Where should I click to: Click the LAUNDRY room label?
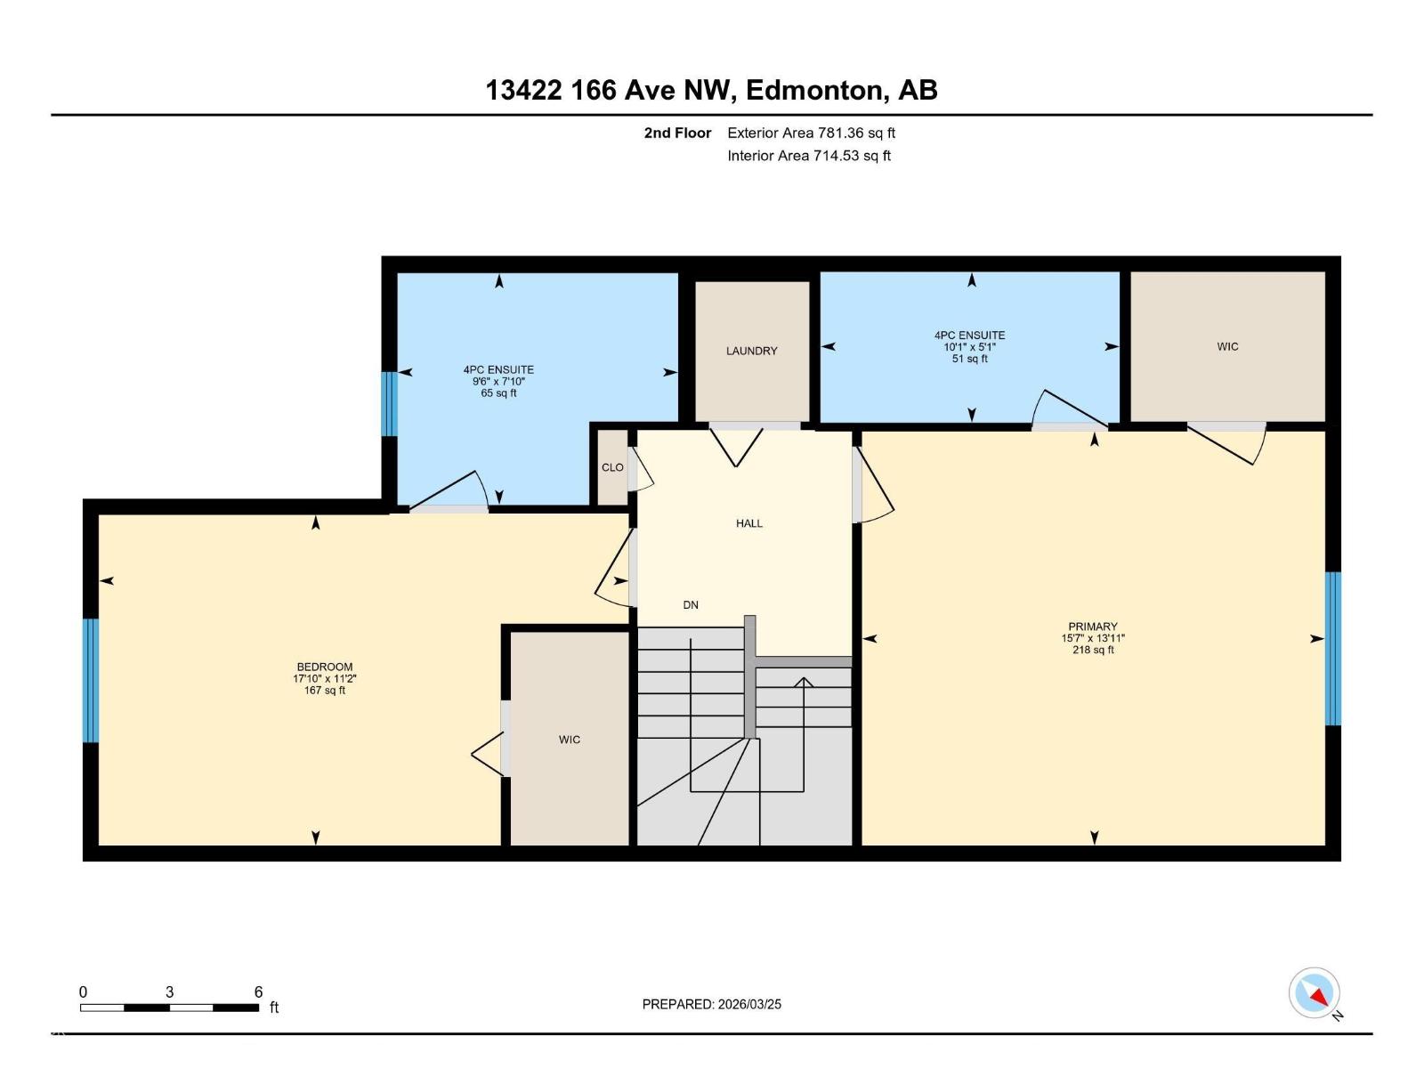751,351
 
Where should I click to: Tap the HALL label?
748,523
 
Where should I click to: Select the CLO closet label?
612,467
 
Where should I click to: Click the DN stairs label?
691,605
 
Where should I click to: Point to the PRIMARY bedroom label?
1092,627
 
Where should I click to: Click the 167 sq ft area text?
324,691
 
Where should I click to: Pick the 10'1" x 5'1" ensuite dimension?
969,347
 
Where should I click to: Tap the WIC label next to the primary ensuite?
1227,346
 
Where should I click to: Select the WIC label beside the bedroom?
569,740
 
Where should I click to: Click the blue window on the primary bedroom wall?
1332,648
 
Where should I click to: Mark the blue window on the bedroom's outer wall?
90,680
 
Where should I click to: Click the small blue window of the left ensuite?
389,403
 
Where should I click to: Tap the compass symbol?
1314,993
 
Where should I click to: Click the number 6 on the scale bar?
258,991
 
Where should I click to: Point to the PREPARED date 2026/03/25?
748,1004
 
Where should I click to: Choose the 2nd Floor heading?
677,133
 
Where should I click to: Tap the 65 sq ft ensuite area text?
498,393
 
